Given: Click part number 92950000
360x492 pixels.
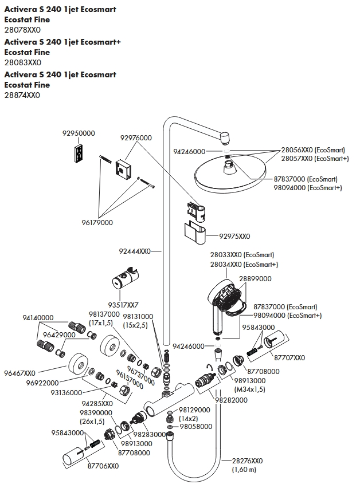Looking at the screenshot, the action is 79,133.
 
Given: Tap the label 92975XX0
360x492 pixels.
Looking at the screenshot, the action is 234,237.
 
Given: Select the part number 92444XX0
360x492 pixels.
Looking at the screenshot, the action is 135,251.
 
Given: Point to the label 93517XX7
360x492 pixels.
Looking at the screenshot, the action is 123,305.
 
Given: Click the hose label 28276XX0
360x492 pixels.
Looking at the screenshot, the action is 247,461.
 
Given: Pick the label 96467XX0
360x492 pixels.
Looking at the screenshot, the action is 20,373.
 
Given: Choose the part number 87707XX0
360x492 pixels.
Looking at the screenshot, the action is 289,358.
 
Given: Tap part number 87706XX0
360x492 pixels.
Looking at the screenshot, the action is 103,466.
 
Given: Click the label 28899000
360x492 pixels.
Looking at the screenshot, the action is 255,278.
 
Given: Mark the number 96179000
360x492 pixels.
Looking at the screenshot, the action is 97,223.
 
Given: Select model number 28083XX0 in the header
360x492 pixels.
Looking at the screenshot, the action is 22,62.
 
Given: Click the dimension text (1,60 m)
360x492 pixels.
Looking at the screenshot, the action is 244,470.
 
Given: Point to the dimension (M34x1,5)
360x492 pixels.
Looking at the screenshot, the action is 250,389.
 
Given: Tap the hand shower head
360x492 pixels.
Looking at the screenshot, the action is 225,296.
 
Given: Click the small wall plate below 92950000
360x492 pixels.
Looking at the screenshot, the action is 79,153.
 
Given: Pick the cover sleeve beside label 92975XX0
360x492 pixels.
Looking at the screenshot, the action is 195,233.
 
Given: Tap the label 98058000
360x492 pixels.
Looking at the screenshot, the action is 195,427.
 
